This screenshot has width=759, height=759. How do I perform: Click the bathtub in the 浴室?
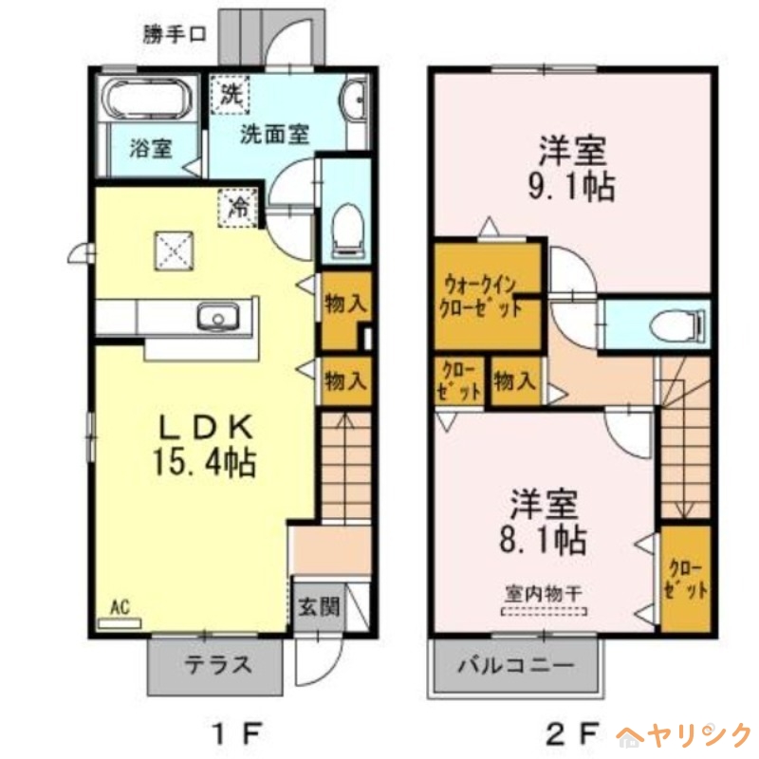[148, 100]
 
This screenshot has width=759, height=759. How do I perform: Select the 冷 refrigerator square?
[239, 206]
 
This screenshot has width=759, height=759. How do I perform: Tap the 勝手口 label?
[175, 34]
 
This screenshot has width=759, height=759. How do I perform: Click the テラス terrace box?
[215, 664]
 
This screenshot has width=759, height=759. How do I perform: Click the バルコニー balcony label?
[517, 665]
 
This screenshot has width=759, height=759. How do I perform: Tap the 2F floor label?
[571, 733]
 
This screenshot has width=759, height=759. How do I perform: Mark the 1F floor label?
[234, 733]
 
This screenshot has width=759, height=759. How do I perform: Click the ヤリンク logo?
[685, 734]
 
